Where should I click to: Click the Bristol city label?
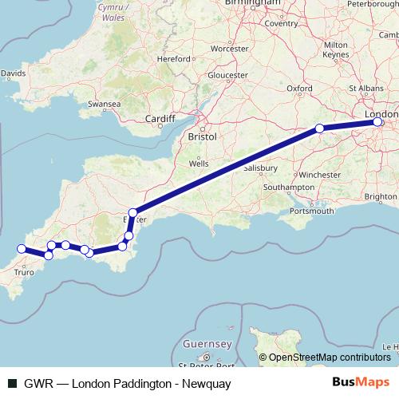click(202, 137)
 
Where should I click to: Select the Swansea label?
click(105, 104)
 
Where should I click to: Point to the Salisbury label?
click(260, 169)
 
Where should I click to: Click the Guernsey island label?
click(206, 343)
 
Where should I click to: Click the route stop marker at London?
click(378, 122)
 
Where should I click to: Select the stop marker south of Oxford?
click(319, 128)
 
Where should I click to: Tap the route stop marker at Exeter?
click(133, 213)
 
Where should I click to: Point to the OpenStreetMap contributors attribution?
click(328, 357)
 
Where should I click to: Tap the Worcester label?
click(230, 49)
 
